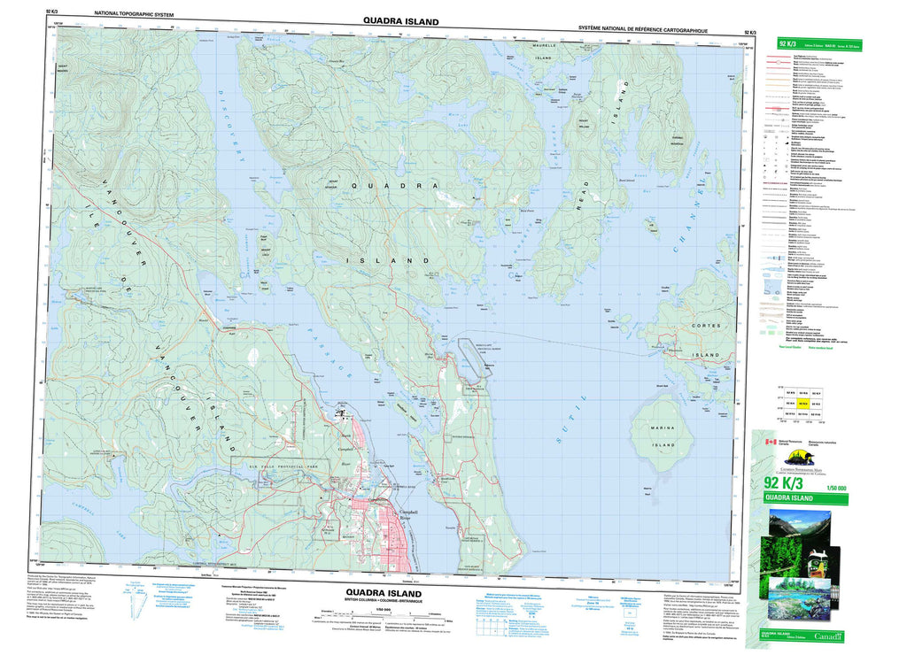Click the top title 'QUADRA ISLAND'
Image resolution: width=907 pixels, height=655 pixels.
tap(399, 19)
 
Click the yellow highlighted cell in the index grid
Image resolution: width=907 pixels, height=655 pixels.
tap(803, 402)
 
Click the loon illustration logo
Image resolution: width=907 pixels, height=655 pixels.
tap(792, 457)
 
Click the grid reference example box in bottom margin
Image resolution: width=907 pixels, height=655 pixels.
tap(492, 628)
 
